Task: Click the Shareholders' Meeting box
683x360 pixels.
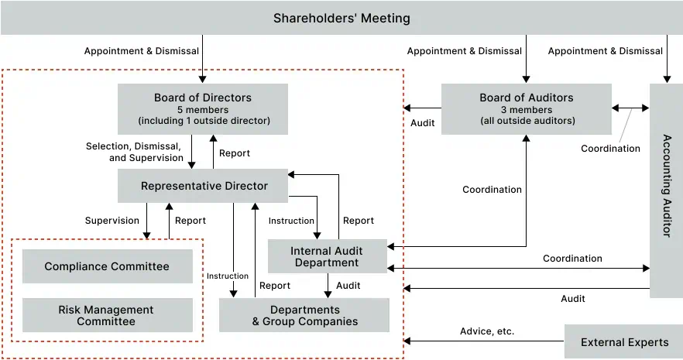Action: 341,18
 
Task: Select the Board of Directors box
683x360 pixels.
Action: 203,109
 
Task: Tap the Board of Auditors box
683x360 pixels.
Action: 526,109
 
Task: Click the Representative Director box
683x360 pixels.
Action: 204,186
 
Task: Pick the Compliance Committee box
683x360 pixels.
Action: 107,267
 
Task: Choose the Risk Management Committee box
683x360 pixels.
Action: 107,315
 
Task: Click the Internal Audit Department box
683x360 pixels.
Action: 326,256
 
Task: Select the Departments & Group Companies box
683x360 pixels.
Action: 304,315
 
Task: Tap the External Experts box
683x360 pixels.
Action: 624,342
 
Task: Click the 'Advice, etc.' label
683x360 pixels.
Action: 487,331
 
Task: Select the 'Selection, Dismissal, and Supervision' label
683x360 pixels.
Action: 134,152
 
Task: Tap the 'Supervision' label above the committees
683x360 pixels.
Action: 112,221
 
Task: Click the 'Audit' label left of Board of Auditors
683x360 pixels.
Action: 423,122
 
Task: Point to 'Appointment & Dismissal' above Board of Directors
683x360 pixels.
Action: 142,51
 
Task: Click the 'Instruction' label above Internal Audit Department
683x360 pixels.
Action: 291,221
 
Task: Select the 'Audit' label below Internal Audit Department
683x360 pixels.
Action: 348,286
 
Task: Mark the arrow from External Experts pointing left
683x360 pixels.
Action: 480,341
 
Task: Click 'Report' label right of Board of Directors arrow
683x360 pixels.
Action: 235,153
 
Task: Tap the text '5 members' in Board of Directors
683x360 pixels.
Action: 203,110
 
